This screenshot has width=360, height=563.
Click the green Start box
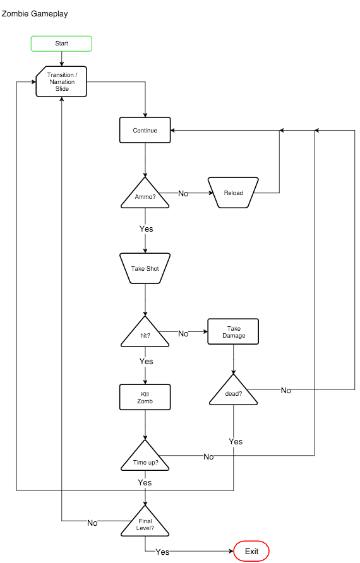[61, 44]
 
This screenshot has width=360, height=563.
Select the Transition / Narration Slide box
[61, 82]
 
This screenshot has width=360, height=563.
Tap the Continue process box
[145, 130]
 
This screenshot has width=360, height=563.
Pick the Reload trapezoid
[233, 193]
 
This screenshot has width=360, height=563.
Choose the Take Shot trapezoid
[145, 268]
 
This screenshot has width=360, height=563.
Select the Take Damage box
[233, 331]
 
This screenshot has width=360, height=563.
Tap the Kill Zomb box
[145, 397]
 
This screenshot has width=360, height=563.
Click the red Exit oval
[251, 551]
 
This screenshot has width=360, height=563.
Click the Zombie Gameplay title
[35, 13]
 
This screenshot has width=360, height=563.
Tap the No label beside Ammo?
[183, 194]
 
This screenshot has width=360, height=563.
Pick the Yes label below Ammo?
[146, 229]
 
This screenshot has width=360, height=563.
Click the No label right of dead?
[286, 391]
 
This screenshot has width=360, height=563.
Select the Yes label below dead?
[236, 442]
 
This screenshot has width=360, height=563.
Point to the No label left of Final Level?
[92, 523]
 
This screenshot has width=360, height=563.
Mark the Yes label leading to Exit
[162, 552]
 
